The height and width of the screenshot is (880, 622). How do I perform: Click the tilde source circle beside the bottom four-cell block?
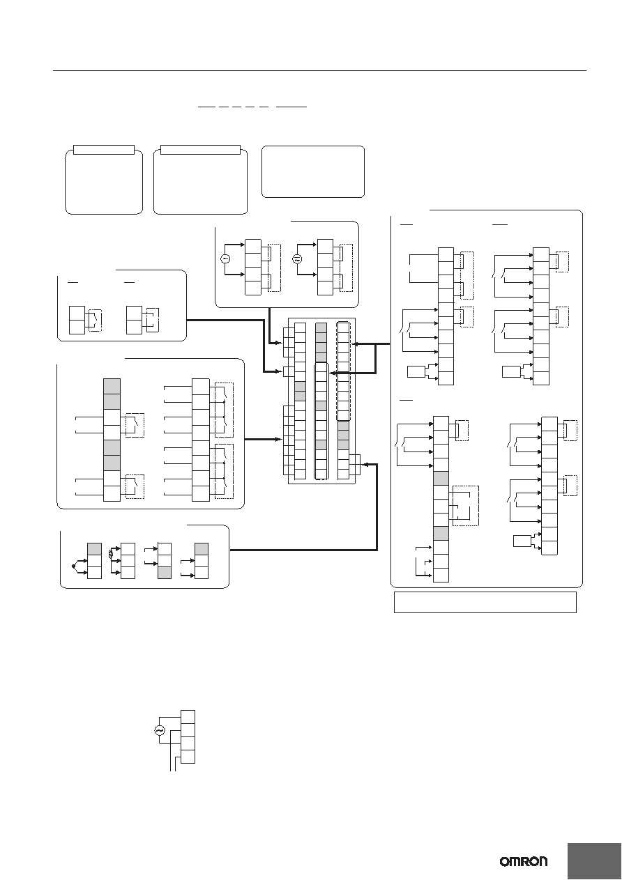[160, 730]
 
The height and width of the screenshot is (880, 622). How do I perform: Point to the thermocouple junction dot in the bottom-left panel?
[73, 566]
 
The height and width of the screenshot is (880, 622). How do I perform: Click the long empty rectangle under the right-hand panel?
[485, 602]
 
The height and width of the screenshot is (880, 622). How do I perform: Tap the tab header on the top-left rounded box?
[104, 150]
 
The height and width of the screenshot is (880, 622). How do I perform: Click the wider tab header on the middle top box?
[200, 150]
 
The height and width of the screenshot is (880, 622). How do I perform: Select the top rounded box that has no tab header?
[313, 171]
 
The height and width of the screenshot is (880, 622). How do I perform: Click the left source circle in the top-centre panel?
[225, 258]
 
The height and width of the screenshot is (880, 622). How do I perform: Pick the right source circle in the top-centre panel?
[297, 259]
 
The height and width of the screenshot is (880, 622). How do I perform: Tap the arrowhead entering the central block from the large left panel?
[280, 439]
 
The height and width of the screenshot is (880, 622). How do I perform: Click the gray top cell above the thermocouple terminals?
[94, 549]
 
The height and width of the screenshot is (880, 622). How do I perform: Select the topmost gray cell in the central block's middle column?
[321, 328]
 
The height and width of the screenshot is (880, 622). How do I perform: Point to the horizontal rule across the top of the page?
[319, 71]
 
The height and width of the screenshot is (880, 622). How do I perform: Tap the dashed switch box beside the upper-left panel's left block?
[95, 321]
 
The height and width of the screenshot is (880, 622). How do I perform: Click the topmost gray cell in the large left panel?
[112, 387]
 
